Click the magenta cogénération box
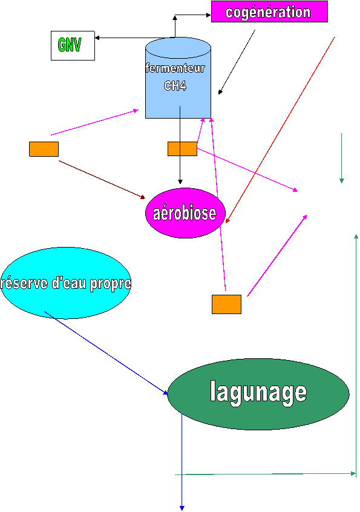[269, 11]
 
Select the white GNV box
[73, 46]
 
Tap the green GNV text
[69, 45]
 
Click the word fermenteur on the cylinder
[175, 68]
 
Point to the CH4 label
[175, 85]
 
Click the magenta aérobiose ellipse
[185, 213]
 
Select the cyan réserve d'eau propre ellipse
[65, 283]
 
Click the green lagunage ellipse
[258, 394]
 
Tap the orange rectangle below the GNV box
[44, 149]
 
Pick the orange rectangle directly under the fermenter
[183, 149]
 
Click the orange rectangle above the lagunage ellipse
[226, 304]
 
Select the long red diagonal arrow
[280, 130]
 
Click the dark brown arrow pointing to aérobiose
[102, 179]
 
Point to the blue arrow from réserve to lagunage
[106, 353]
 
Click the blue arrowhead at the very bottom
[182, 508]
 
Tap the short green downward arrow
[342, 158]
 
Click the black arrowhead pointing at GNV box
[97, 38]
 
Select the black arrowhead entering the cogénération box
[209, 15]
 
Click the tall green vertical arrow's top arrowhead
[356, 237]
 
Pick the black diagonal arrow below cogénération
[237, 62]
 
